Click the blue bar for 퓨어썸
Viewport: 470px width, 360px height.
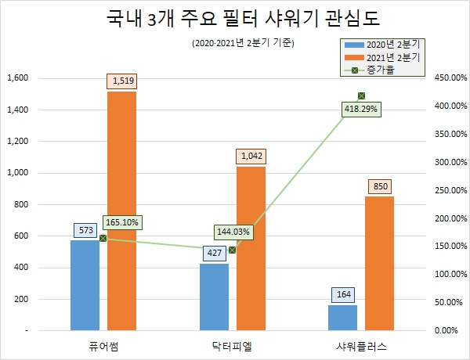coord(85,285)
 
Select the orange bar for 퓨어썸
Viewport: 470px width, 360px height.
coord(122,211)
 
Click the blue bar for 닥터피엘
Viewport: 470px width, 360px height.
coord(214,297)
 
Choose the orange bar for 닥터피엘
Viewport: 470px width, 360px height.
coord(251,248)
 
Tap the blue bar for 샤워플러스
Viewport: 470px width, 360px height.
coord(342,317)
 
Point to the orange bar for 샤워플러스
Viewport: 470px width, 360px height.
coord(379,263)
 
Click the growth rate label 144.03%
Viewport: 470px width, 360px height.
coord(233,232)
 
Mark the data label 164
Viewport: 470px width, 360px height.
coord(343,294)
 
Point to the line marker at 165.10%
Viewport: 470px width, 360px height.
coord(103,238)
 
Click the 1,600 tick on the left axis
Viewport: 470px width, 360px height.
coord(17,78)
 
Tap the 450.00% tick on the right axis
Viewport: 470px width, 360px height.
coord(450,78)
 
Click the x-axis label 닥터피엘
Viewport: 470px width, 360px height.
coord(233,345)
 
